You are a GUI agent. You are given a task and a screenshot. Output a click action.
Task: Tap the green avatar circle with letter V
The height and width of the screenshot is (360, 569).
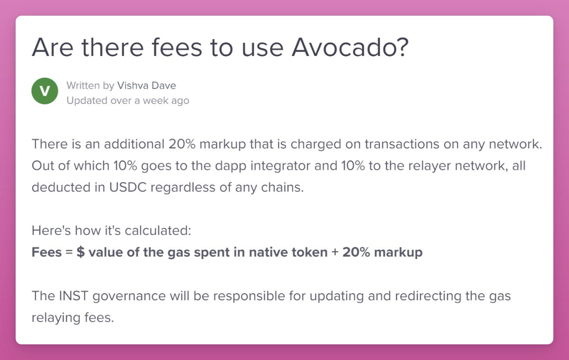[45, 92]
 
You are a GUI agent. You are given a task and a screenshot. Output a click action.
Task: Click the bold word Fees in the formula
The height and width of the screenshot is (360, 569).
[46, 252]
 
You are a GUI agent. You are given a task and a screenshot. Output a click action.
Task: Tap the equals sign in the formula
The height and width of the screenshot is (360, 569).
[69, 252]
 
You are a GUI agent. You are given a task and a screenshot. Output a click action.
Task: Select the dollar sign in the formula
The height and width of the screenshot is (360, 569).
[81, 252]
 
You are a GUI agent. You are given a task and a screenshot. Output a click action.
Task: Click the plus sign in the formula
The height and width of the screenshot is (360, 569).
[335, 252]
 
